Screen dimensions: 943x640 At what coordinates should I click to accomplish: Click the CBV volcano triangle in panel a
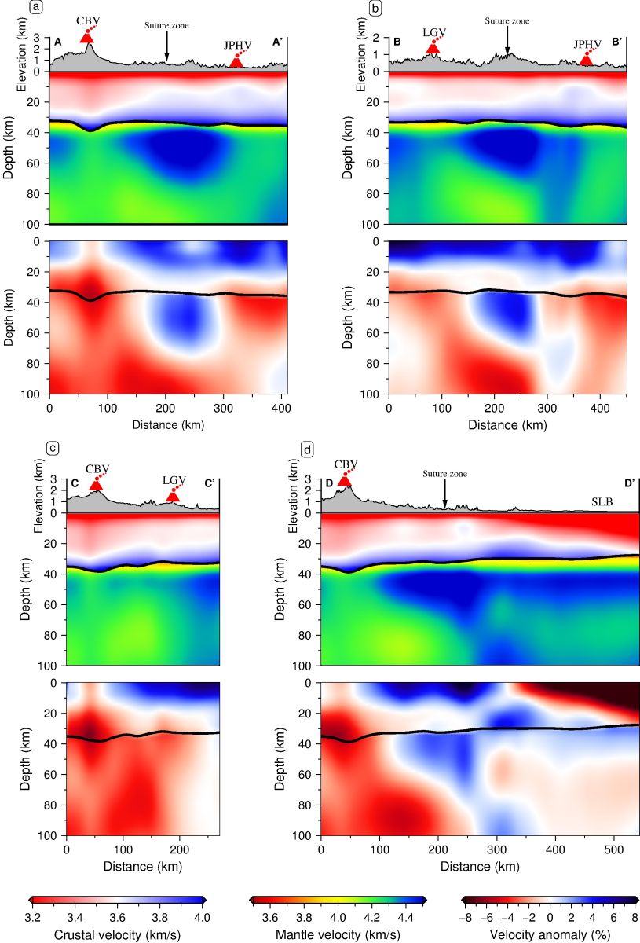tap(88, 38)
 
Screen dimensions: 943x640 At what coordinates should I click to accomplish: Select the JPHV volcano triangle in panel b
tap(585, 60)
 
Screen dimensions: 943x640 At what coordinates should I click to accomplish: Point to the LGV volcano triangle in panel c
tap(174, 497)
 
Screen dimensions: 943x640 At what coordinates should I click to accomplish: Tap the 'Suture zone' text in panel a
tap(166, 25)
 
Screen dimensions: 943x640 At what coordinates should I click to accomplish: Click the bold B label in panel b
tap(397, 42)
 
